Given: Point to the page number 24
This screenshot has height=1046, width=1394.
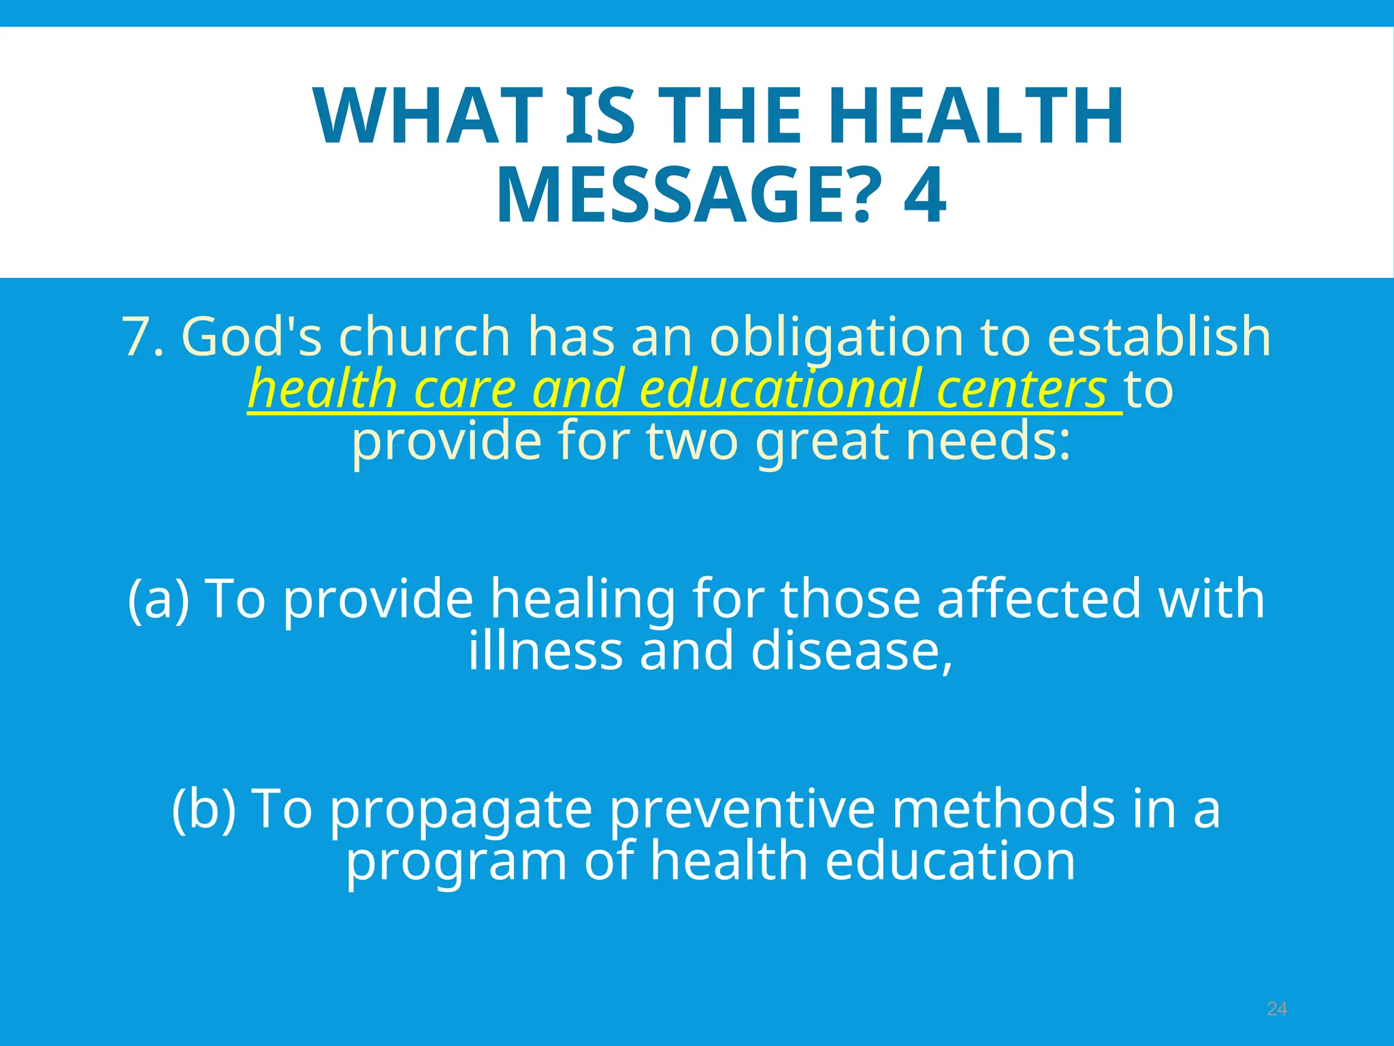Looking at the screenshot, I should [x=1277, y=1009].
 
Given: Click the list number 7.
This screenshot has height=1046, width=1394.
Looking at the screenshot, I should [x=142, y=336].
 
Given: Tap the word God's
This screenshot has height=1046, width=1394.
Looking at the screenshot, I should [x=251, y=336].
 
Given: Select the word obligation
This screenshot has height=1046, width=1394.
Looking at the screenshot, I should [x=837, y=336].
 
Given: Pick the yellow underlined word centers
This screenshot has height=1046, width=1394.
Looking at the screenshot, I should [x=1022, y=389].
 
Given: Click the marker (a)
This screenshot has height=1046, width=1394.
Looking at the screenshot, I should [x=159, y=599].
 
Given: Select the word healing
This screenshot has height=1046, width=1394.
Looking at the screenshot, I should [x=583, y=599].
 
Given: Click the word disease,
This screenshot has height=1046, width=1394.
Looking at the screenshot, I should [x=852, y=651].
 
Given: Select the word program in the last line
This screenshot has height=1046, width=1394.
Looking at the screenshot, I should [x=457, y=861].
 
